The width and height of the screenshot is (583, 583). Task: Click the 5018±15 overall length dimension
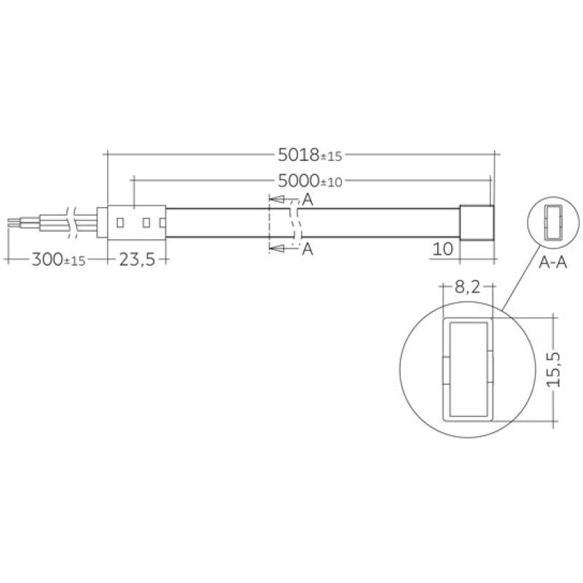coord(310,154)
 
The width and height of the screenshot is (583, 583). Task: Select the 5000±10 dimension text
coord(310,181)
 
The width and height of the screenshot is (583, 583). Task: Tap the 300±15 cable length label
coord(58,259)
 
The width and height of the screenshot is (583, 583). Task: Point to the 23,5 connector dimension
coord(137,259)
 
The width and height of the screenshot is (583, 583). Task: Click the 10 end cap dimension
coord(443,249)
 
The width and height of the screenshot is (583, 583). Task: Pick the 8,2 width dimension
coord(467,286)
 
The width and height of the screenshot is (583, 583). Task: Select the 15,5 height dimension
coord(554,369)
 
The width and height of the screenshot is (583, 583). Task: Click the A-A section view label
coord(552,262)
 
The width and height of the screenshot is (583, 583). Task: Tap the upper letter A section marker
coord(308,200)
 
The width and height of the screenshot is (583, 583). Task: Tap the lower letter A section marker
coord(308,249)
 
